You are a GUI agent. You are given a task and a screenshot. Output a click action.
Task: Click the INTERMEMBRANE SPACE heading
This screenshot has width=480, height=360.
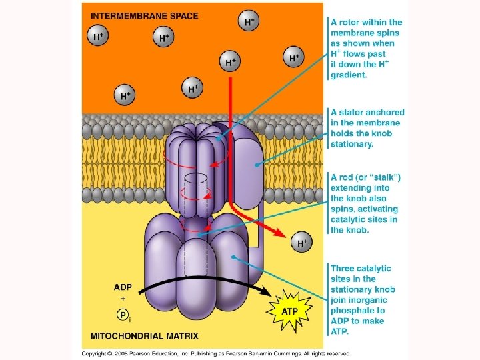(144, 15)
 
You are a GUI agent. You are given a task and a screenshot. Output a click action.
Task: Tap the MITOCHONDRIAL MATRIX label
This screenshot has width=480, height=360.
(144, 335)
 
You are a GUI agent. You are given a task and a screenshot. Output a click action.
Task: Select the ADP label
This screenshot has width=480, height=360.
(123, 287)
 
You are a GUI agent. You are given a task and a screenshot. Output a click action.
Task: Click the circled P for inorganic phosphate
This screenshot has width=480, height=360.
(123, 314)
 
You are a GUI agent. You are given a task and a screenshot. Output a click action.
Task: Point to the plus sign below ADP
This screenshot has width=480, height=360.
(123, 300)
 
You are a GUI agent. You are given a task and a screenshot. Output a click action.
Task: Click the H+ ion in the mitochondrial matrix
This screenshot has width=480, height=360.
(303, 243)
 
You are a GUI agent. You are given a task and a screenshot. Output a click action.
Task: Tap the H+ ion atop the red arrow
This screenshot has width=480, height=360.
(230, 63)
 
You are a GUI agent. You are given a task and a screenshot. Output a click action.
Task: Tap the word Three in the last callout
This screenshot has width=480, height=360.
(344, 268)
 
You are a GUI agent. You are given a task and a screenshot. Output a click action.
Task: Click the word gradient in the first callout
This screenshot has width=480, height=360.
(348, 75)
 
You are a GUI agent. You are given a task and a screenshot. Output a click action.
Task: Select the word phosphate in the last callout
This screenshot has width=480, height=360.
(357, 310)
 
